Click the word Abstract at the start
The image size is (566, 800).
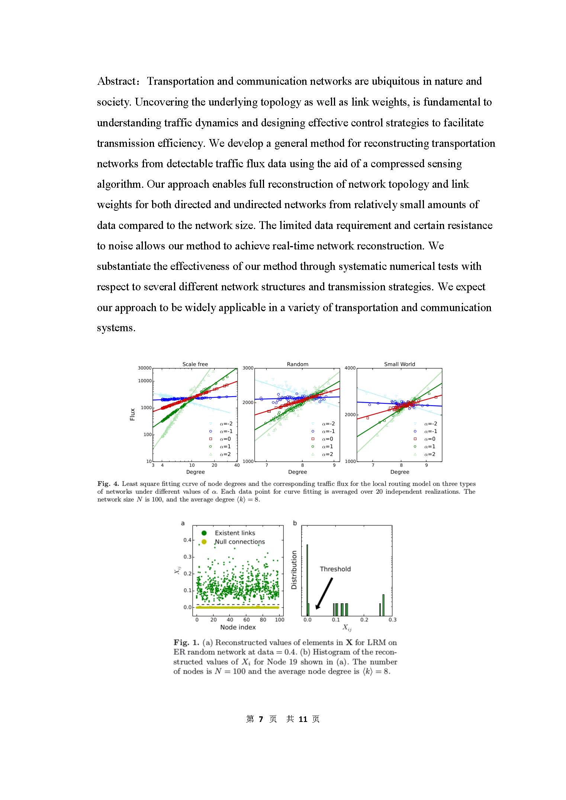click(x=116, y=81)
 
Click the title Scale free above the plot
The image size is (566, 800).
click(x=195, y=364)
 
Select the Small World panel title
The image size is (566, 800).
click(x=399, y=364)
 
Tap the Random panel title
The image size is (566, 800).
click(x=298, y=364)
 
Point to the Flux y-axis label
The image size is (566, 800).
click(x=132, y=414)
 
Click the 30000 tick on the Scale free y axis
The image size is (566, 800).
click(x=145, y=368)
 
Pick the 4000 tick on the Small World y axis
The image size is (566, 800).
click(x=350, y=368)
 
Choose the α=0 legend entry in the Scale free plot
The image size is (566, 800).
click(x=225, y=439)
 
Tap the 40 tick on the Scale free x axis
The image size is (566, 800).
click(x=237, y=465)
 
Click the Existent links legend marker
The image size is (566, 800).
click(x=204, y=533)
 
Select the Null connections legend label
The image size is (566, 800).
click(x=240, y=542)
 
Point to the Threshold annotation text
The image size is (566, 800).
click(x=335, y=569)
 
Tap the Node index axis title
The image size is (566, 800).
click(x=238, y=627)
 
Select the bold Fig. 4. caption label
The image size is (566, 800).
click(x=108, y=484)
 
